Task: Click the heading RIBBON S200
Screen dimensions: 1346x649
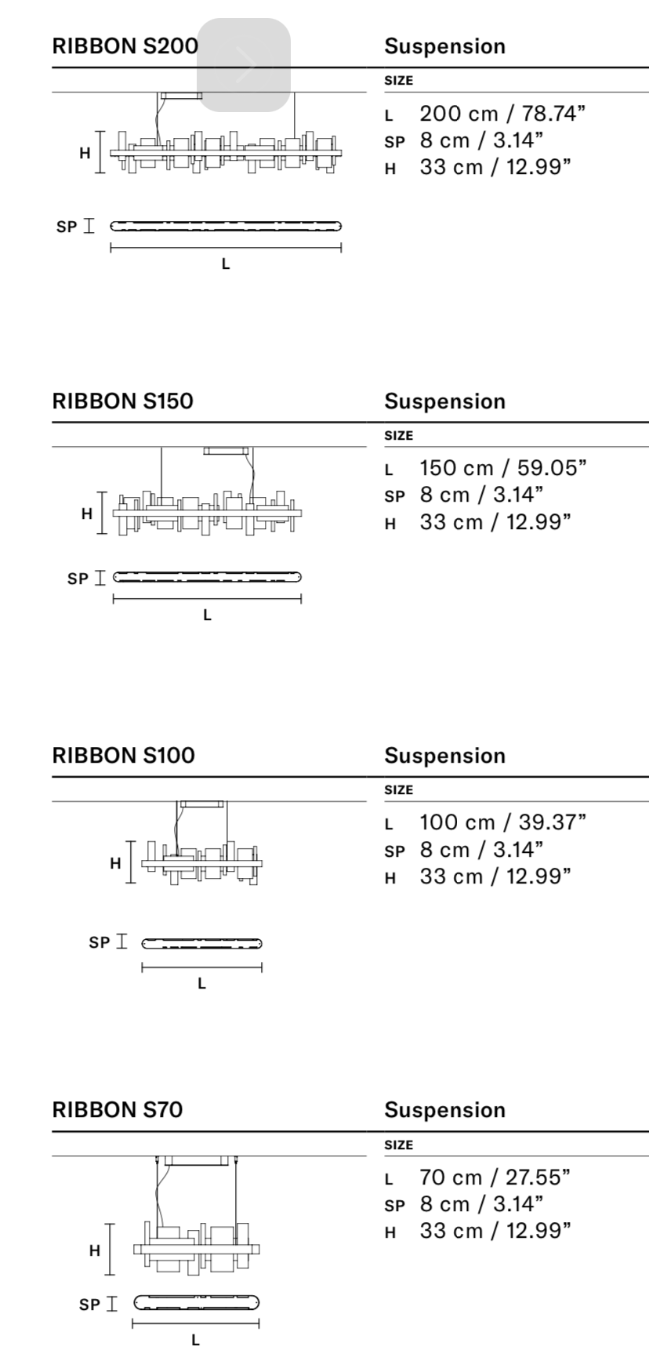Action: (x=125, y=45)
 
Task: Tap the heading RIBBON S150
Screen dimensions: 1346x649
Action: (x=122, y=401)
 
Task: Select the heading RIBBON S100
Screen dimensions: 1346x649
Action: (x=123, y=755)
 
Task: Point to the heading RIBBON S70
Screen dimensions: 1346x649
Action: (x=117, y=1109)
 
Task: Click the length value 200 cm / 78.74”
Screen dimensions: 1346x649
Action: (x=502, y=114)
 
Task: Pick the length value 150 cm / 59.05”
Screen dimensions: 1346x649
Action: (x=503, y=468)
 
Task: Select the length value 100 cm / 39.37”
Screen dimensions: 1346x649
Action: (x=503, y=822)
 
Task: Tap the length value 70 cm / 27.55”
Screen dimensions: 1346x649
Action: (x=495, y=1177)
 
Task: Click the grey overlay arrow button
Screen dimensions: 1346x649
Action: (x=243, y=65)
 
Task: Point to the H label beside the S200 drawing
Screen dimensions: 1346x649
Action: (x=85, y=153)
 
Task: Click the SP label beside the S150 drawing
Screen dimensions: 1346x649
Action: (x=78, y=579)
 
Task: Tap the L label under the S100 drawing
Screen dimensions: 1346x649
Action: (x=201, y=984)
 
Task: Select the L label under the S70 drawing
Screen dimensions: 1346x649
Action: (x=195, y=1340)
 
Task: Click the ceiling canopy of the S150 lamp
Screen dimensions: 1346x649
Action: (x=226, y=451)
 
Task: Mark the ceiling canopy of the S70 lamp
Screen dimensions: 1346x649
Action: (x=196, y=1160)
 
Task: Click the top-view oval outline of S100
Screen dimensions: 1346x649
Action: (x=201, y=943)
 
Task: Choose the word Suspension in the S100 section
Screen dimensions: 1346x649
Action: (x=444, y=756)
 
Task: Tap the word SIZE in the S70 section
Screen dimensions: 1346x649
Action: (x=398, y=1145)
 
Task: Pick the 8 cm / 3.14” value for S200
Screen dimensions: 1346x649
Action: (x=481, y=140)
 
